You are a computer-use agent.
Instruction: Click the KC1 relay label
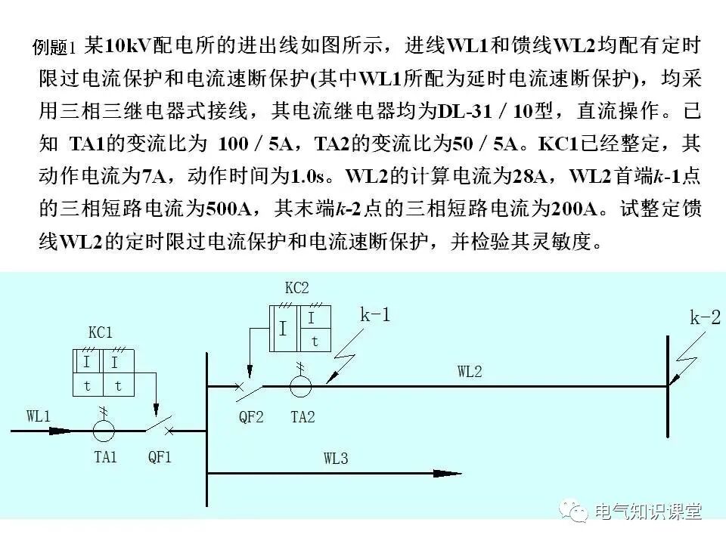[100, 332]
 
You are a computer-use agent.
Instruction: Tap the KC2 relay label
[296, 288]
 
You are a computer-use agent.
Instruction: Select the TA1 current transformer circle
[104, 430]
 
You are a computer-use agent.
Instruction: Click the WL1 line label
[39, 416]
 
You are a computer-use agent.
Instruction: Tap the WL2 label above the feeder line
[469, 371]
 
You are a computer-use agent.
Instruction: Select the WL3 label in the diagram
[336, 459]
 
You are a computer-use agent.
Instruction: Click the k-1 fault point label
[375, 316]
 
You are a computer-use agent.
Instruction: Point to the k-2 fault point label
[705, 318]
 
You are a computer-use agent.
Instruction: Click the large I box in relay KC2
[283, 329]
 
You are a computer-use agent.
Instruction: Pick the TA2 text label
[302, 416]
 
